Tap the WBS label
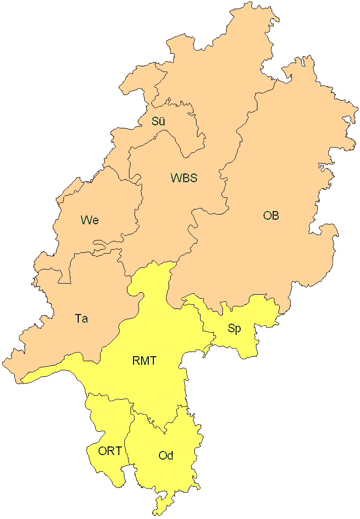pos(183,178)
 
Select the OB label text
pos(271,216)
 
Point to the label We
pos(89,220)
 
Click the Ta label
pos(81,319)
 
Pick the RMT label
pos(145,361)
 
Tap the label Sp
pos(234,329)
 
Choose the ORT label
pos(110,451)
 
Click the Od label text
pos(166,456)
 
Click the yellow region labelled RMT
pos(152,330)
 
